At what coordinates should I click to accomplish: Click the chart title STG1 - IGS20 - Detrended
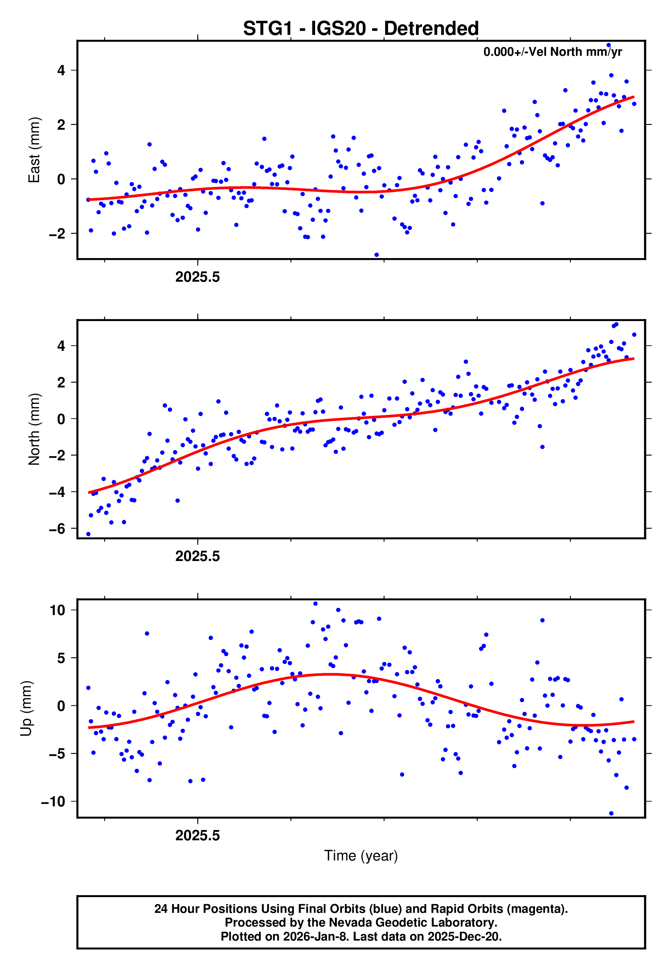(361, 29)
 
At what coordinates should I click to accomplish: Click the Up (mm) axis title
(26, 709)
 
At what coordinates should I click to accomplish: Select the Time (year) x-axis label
(361, 856)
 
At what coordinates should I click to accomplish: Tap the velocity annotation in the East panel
(552, 52)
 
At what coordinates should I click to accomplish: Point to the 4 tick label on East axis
(61, 70)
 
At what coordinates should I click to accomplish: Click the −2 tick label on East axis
(57, 233)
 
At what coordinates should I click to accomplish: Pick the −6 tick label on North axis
(57, 528)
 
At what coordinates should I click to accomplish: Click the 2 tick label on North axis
(61, 382)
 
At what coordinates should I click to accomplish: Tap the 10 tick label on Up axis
(57, 610)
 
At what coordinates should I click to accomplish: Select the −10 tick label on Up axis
(53, 802)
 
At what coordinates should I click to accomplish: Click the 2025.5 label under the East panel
(198, 277)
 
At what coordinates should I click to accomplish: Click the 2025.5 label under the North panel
(198, 557)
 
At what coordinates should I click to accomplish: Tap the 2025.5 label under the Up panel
(198, 835)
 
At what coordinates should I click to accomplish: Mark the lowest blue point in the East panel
(376, 255)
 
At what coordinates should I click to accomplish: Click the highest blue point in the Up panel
(315, 604)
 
